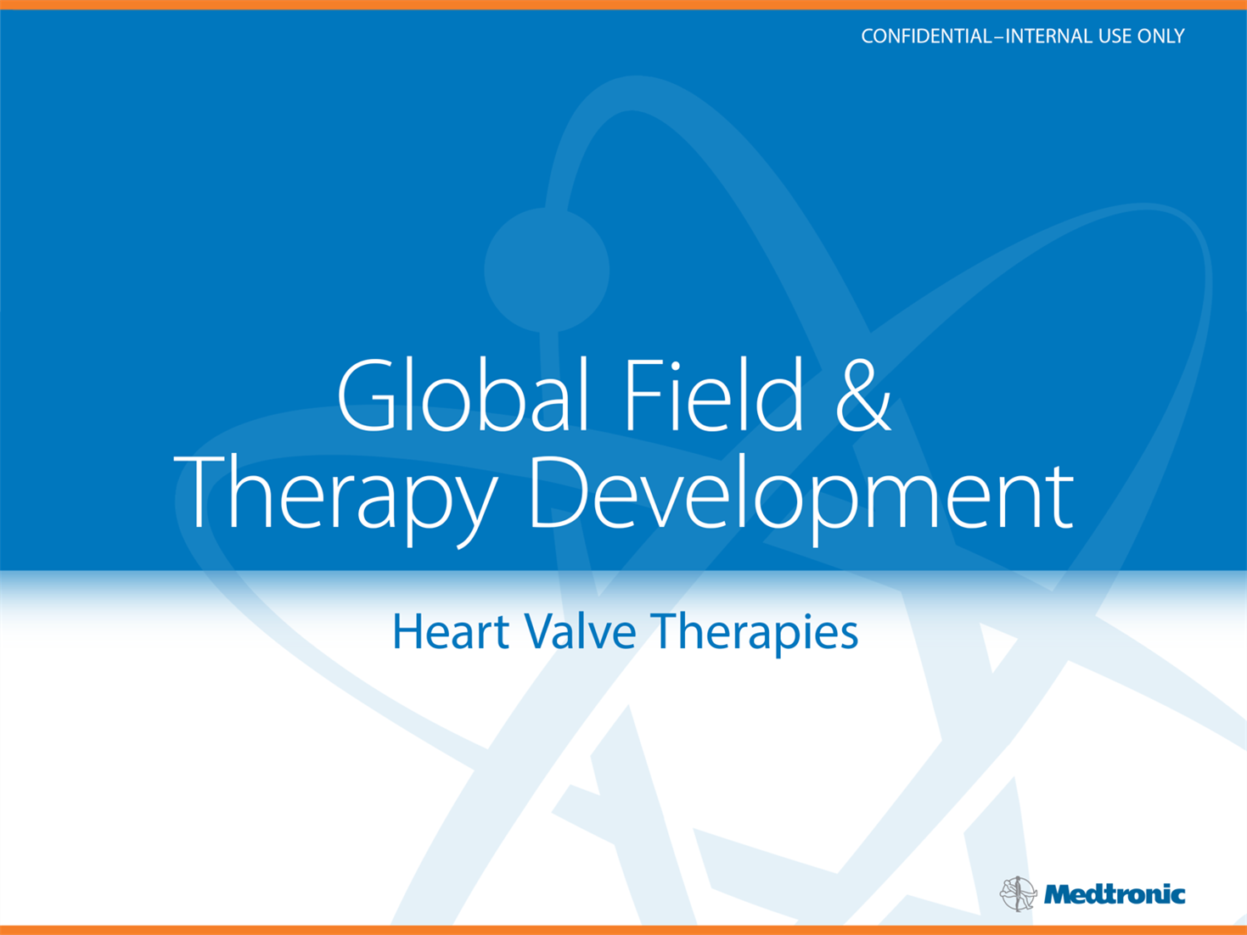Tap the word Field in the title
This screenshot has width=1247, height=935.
click(714, 394)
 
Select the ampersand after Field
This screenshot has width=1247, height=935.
click(863, 395)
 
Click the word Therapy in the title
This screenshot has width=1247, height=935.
click(336, 500)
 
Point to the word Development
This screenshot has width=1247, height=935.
click(801, 500)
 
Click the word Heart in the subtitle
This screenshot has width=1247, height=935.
click(451, 631)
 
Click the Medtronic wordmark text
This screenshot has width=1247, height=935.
click(1115, 895)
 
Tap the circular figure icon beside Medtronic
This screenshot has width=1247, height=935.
click(1018, 893)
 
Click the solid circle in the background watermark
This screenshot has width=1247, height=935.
click(547, 270)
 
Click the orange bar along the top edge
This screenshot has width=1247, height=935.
click(623, 4)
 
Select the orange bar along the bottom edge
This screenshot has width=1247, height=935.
click(623, 930)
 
